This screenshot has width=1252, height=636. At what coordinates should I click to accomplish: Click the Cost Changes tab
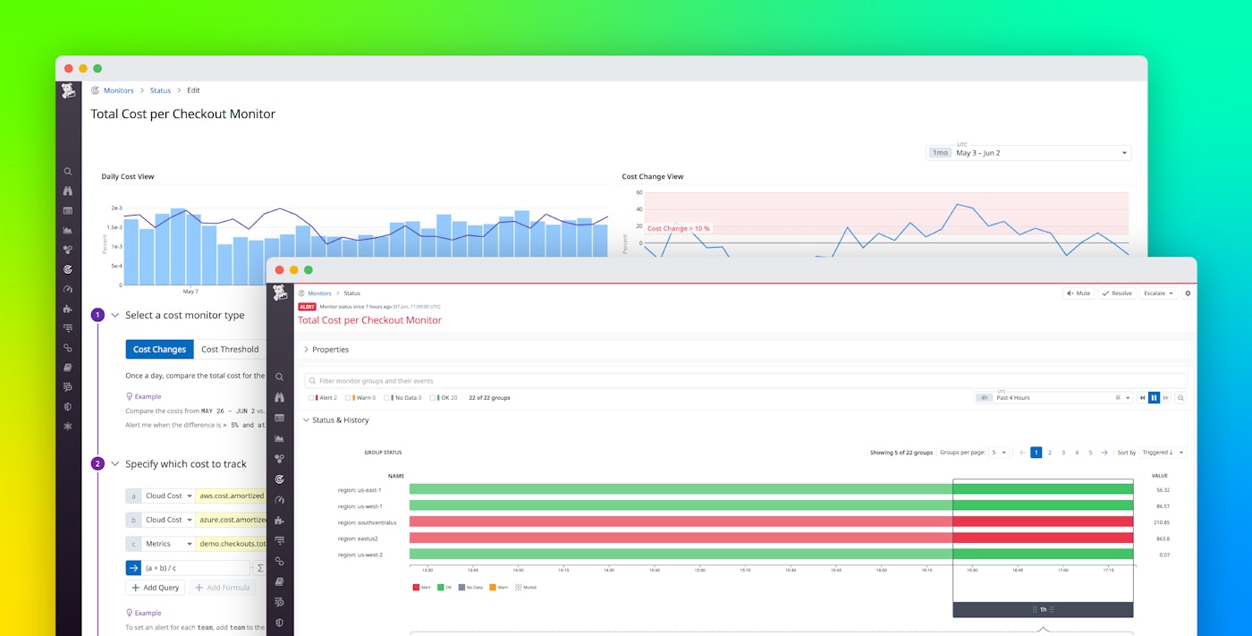(159, 350)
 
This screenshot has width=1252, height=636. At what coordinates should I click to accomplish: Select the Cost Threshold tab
(230, 350)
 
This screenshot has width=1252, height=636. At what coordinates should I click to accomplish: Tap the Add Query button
(156, 588)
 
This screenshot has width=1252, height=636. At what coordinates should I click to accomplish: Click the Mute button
(1078, 293)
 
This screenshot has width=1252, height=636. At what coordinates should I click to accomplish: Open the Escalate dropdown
(1158, 293)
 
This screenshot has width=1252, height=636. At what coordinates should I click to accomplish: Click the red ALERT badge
(307, 307)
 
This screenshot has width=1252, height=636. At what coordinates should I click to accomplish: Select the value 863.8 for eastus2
(1162, 538)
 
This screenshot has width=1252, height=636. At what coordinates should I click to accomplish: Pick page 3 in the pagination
(1063, 453)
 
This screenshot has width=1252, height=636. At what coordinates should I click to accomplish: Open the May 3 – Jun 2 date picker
(1028, 153)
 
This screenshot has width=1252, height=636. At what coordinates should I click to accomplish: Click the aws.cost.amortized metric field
(232, 496)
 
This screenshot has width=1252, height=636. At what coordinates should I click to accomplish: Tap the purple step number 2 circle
(97, 463)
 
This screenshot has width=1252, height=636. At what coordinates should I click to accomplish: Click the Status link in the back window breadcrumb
(160, 90)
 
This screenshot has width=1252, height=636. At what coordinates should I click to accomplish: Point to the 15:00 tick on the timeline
(699, 570)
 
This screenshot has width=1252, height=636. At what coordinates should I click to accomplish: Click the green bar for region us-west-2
(680, 555)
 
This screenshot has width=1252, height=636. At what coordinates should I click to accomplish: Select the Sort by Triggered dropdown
(1162, 453)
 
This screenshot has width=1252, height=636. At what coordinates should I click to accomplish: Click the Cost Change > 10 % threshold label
(678, 228)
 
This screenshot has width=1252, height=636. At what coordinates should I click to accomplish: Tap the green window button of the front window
(309, 270)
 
